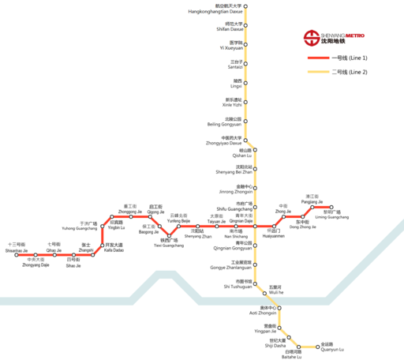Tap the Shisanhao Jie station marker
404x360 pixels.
coord(17,256)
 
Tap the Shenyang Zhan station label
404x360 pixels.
coord(198,234)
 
